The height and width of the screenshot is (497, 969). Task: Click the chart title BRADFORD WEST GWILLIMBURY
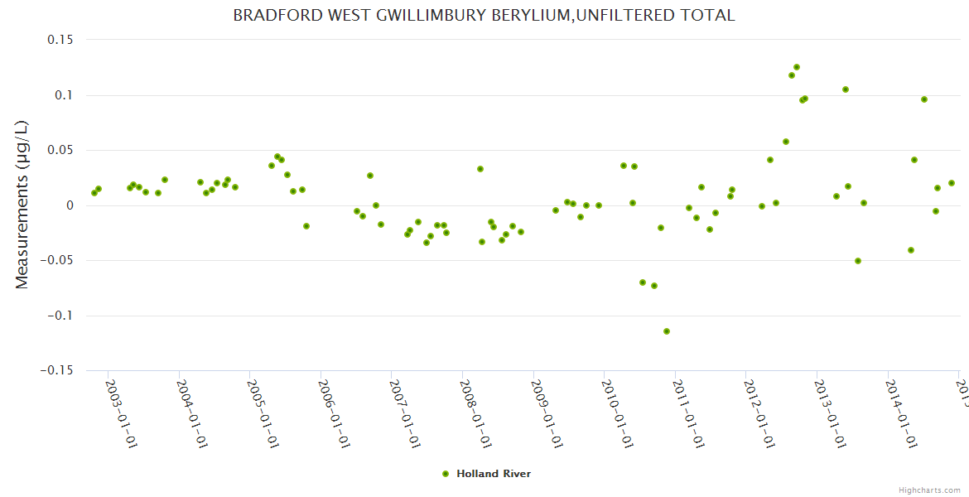[484, 15]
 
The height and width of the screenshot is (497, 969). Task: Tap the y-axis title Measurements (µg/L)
[22, 205]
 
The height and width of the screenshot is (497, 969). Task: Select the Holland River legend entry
[487, 474]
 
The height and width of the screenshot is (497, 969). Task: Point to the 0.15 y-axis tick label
[60, 40]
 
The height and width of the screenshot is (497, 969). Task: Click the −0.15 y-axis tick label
[56, 370]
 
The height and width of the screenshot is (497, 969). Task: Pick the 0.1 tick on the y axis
[63, 95]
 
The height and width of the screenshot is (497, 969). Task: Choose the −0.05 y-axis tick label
[56, 260]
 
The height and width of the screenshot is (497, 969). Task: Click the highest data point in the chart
[797, 67]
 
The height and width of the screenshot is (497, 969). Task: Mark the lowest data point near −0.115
[667, 331]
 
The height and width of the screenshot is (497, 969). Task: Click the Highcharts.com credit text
[930, 490]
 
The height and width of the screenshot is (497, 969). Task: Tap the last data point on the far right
[952, 183]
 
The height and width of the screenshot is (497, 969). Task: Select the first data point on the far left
[94, 193]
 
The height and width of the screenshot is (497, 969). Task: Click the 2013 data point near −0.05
[858, 261]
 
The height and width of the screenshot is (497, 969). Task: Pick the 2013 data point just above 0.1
[846, 89]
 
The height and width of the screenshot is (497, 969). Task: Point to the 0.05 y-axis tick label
[60, 150]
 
